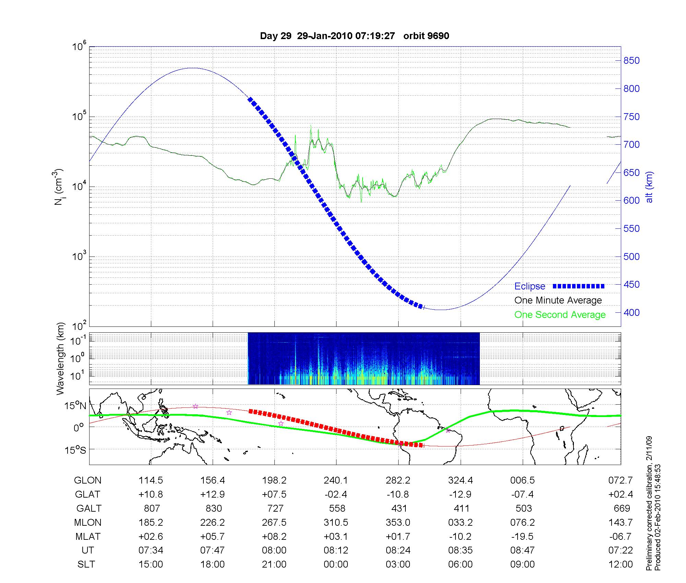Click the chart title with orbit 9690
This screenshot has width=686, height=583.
coord(354,36)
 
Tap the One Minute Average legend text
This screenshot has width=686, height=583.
coord(558,300)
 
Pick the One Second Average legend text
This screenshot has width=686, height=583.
coord(560,315)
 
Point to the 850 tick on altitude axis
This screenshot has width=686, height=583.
coord(631,61)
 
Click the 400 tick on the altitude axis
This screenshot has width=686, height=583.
coord(631,312)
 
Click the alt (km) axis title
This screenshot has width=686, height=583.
coord(649,187)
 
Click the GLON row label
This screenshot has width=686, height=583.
coord(88,480)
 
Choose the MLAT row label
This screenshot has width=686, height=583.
coord(88,536)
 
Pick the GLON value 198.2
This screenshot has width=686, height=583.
coord(274,480)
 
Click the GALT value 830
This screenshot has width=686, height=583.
coord(213,508)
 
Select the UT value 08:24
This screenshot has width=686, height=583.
coord(398,550)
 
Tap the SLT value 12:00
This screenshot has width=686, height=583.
coord(620,564)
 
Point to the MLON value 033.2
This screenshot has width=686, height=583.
coord(460,522)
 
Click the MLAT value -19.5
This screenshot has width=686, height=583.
coord(522,536)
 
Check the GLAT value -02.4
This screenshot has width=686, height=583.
coord(336,495)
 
